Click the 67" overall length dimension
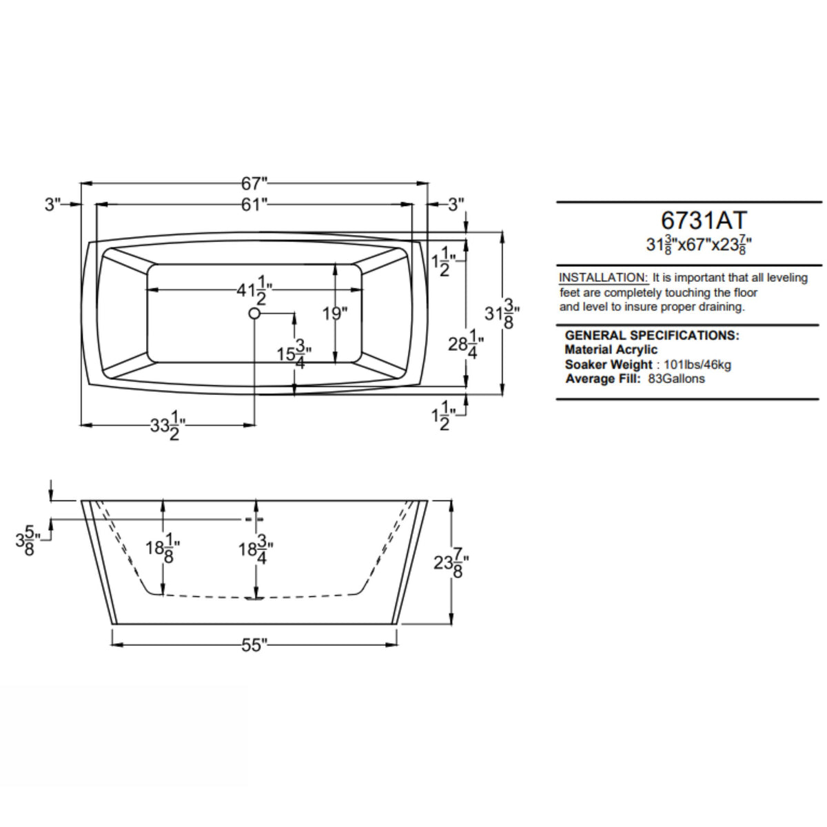pos(254,183)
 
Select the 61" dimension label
pos(254,205)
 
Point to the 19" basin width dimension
pos(335,314)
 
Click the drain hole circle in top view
pos(254,314)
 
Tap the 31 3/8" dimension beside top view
pos(502,314)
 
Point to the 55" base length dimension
pos(254,645)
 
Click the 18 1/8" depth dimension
pos(163,551)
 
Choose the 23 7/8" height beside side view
pos(452,562)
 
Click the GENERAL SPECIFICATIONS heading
pos(651,336)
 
